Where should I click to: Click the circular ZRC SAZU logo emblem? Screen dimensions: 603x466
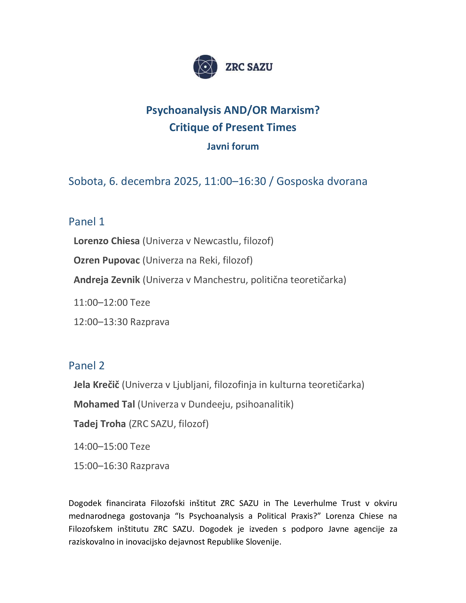pyautogui.click(x=205, y=67)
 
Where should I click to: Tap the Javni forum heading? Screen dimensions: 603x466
pyautogui.click(x=233, y=146)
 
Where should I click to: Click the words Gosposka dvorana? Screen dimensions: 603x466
pyautogui.click(x=322, y=181)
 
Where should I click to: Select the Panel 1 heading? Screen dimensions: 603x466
pyautogui.click(x=86, y=222)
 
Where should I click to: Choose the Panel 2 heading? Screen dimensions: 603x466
pyautogui.click(x=86, y=366)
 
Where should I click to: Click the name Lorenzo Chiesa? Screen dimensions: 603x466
pyautogui.click(x=107, y=241)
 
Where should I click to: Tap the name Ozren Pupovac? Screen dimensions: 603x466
pyautogui.click(x=107, y=260)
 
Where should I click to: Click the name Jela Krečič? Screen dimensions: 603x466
pyautogui.click(x=96, y=385)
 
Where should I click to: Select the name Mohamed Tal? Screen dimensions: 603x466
pyautogui.click(x=104, y=404)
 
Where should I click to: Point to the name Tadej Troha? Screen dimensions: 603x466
pyautogui.click(x=99, y=424)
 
